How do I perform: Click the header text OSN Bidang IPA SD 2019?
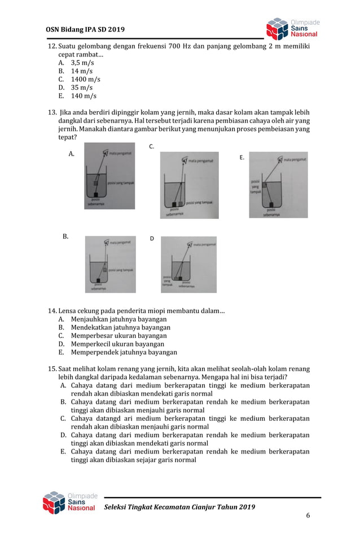point(85,29)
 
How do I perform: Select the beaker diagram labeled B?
point(110,264)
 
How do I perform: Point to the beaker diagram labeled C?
point(189,185)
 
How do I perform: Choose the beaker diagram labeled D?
point(188,264)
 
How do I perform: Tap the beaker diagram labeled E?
point(278,184)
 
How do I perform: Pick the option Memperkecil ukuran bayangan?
point(117,344)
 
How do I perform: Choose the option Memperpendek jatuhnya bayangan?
point(124,352)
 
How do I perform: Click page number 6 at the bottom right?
point(308,515)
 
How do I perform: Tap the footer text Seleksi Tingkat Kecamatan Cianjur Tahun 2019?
point(179,507)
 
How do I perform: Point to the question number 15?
point(52,369)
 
